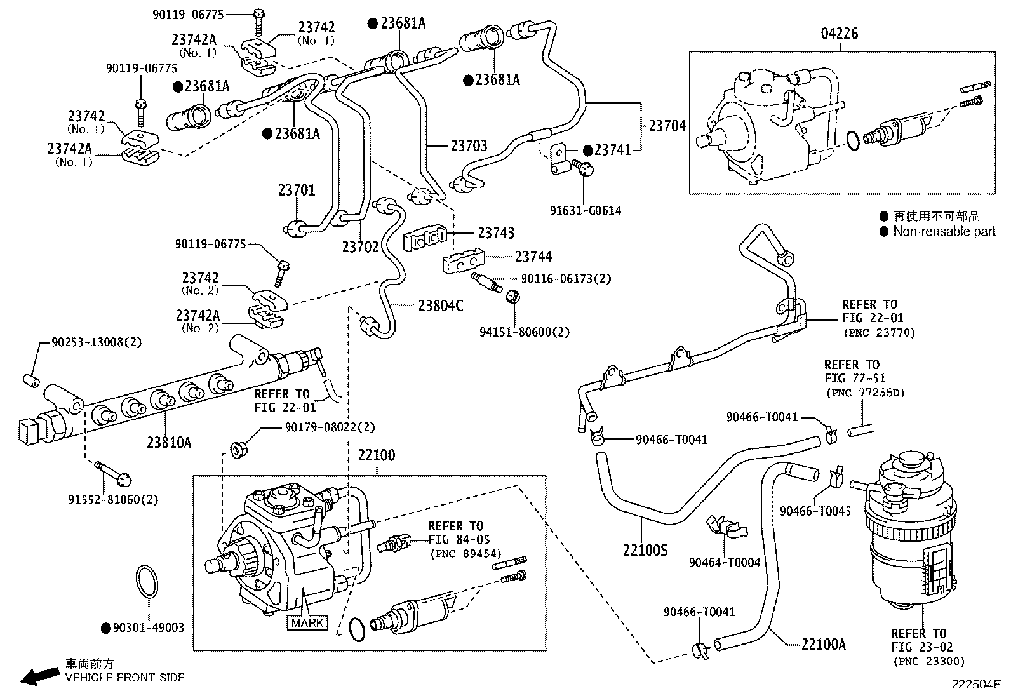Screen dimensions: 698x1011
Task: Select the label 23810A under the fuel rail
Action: (x=168, y=443)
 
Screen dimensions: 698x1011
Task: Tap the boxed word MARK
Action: (x=307, y=622)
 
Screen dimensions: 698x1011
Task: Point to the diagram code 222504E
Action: (x=975, y=685)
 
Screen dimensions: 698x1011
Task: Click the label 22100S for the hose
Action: (x=645, y=550)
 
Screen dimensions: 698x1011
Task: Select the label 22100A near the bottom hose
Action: (x=823, y=644)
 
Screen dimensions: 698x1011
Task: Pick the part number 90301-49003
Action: (x=148, y=628)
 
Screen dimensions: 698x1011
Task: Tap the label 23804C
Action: (x=441, y=306)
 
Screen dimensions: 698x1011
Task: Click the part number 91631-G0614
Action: (x=585, y=211)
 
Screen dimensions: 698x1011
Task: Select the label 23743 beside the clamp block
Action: (x=496, y=233)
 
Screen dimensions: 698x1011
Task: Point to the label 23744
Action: (x=533, y=257)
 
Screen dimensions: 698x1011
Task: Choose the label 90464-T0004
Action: (x=724, y=562)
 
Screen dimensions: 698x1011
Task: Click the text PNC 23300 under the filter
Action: (x=928, y=662)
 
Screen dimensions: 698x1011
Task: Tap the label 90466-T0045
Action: (x=815, y=511)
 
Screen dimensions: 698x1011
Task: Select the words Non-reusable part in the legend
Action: (x=944, y=232)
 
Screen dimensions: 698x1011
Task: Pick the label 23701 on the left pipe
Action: (x=296, y=190)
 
